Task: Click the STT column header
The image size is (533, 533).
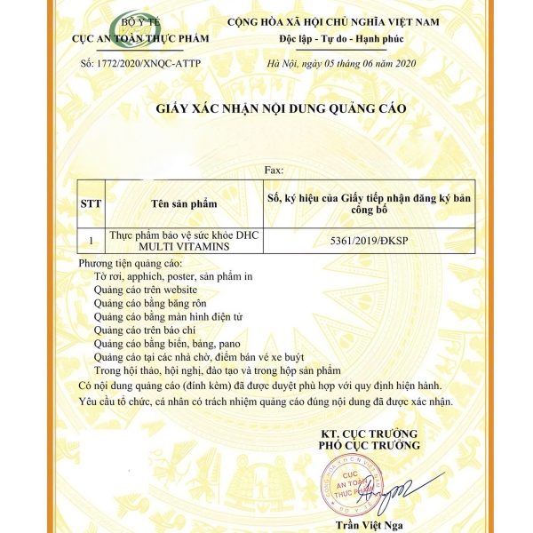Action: coord(91,203)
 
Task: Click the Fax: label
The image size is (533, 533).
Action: coord(274,169)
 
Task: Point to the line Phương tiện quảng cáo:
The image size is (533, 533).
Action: coord(129,264)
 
